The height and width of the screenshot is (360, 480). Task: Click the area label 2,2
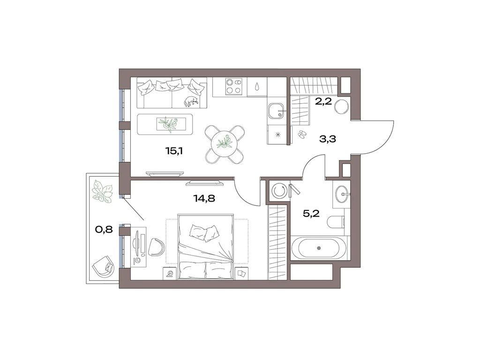tap(324, 101)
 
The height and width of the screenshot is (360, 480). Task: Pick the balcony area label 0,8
tap(104, 230)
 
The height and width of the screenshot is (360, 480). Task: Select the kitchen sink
tap(275, 112)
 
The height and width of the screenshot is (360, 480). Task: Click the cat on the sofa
tap(191, 100)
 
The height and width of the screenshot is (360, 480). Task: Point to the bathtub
tap(319, 247)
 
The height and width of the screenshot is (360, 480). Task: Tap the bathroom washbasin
tap(342, 192)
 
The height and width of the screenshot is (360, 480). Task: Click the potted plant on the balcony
tap(102, 191)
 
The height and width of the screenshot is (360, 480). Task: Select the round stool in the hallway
tap(341, 105)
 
